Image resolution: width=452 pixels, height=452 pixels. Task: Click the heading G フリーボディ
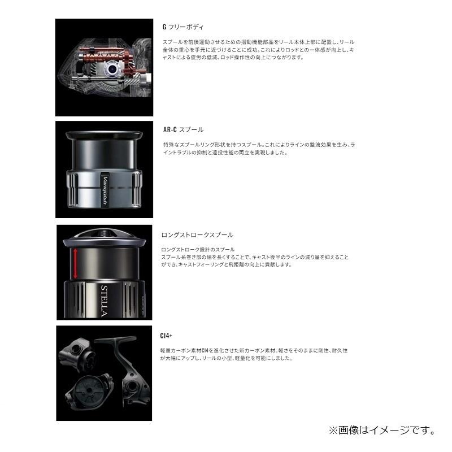click(x=182, y=27)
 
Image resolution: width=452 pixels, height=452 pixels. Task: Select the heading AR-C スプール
click(x=183, y=129)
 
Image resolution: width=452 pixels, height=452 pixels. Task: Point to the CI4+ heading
click(x=166, y=336)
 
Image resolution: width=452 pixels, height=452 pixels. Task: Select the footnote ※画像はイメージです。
click(x=382, y=431)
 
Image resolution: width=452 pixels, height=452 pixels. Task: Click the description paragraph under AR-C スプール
click(x=257, y=149)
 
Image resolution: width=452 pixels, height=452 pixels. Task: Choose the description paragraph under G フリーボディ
click(x=257, y=50)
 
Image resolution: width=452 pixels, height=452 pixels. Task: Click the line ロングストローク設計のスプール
click(x=198, y=249)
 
